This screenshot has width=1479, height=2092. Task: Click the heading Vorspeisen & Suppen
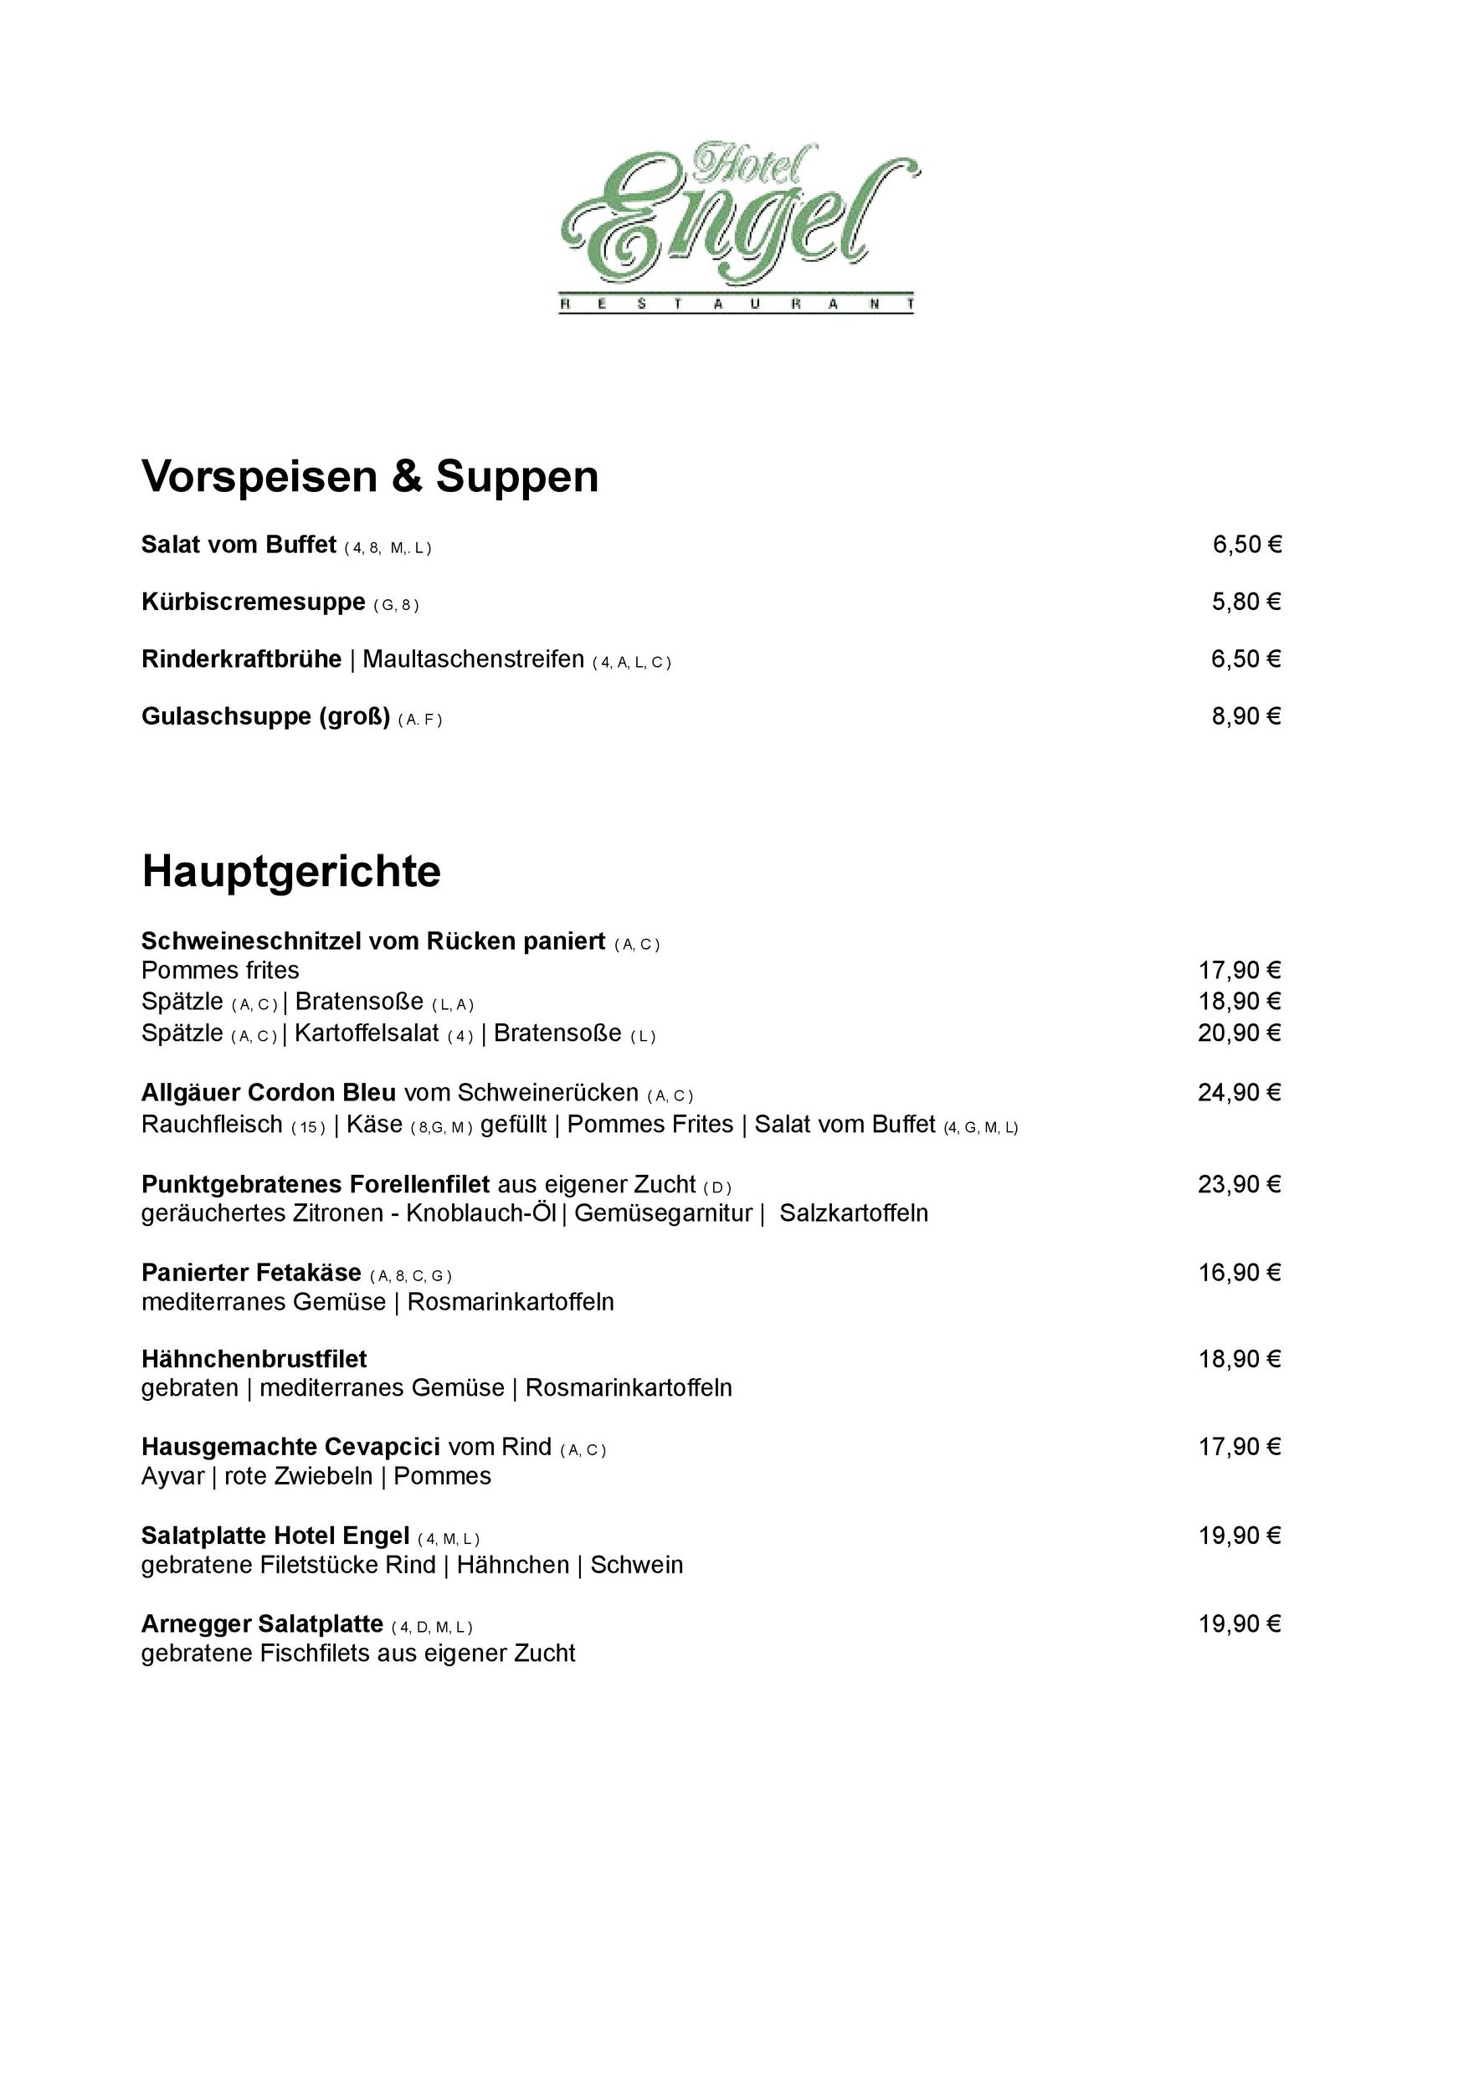tap(370, 476)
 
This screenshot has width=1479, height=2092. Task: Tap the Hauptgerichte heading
tap(290, 871)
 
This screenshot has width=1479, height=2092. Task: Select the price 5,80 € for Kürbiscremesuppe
tap(1245, 602)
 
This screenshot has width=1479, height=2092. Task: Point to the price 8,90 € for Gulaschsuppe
tap(1245, 716)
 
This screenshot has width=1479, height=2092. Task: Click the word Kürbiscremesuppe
tap(254, 602)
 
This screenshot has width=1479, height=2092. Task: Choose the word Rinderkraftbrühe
tap(242, 659)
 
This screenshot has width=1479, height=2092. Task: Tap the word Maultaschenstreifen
tap(473, 659)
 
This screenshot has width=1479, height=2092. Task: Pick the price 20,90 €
tap(1240, 1033)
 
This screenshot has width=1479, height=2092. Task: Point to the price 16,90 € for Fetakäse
tap(1240, 1272)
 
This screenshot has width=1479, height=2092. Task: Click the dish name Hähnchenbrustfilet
tap(254, 1360)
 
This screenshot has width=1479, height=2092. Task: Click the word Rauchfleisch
tap(213, 1125)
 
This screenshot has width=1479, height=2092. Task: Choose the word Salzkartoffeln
tap(854, 1213)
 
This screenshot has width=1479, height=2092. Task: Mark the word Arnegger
tap(196, 1623)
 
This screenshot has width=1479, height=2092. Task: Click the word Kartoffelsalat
tap(367, 1033)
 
